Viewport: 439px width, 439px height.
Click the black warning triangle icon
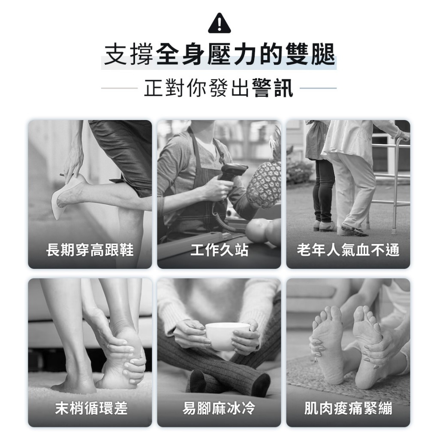219,23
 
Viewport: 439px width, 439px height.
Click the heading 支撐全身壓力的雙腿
219,54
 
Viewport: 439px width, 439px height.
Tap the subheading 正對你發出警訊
219,87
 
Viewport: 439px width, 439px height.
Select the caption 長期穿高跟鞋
90,250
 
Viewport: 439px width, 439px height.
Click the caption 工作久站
219,250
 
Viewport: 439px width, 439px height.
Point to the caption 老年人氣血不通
348,250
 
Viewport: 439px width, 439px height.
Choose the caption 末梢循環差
91,408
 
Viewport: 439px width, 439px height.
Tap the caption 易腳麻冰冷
219,408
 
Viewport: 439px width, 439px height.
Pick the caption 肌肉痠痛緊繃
348,408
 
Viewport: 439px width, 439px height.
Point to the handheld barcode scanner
230,176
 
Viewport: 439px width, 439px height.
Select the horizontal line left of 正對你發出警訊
119,88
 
